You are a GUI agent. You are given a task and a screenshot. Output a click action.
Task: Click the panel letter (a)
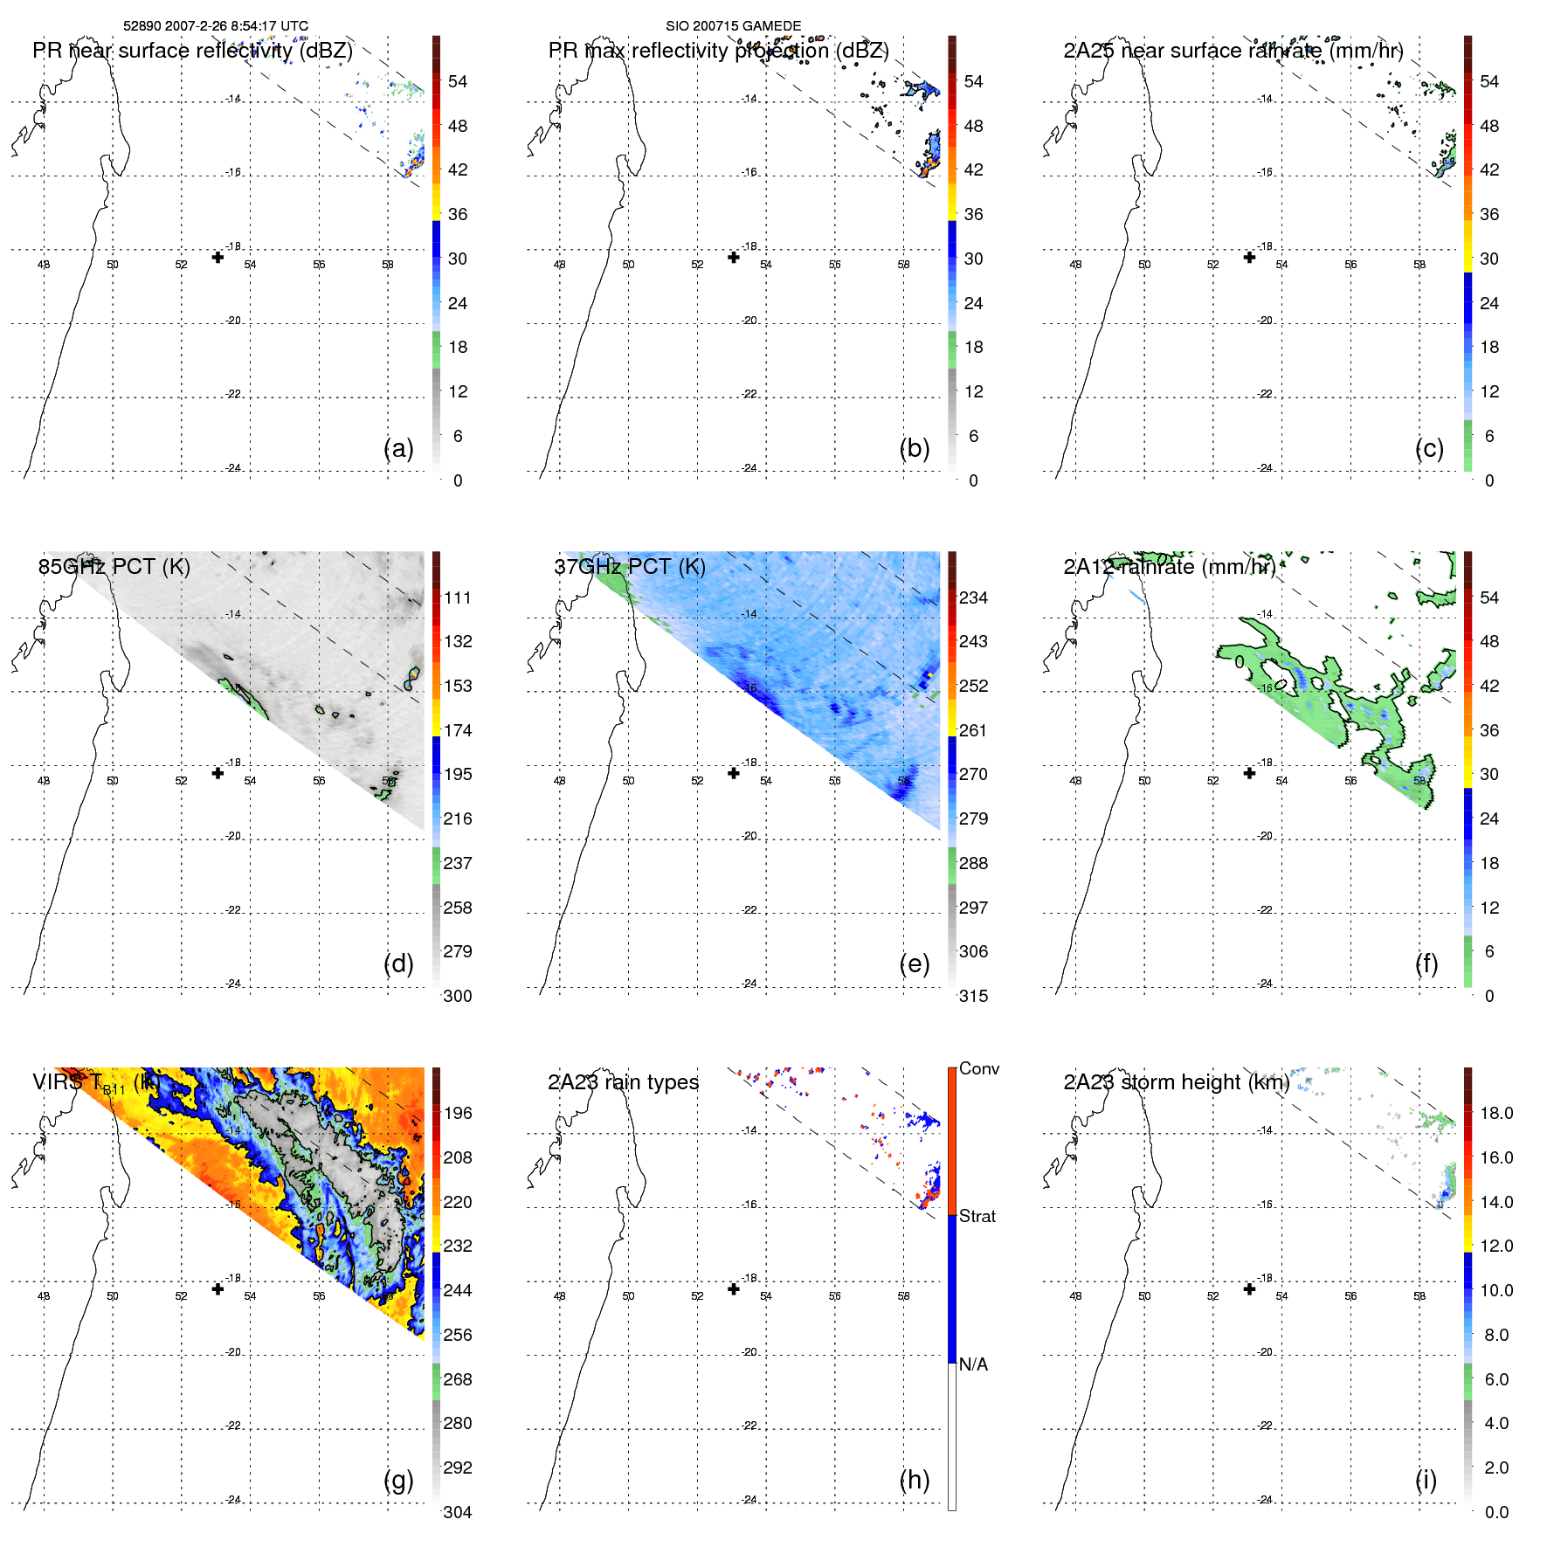coord(398,449)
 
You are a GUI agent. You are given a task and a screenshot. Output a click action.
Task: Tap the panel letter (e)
coord(914,964)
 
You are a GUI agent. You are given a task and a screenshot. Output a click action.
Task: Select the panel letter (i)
coord(1426,1480)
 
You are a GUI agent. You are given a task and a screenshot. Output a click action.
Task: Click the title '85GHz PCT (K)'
coord(114,567)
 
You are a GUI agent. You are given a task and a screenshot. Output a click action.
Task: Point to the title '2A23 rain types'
coord(623,1082)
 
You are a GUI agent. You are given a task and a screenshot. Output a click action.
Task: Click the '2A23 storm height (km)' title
coord(1176,1082)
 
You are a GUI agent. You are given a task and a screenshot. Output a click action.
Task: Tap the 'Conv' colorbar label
coord(979,1068)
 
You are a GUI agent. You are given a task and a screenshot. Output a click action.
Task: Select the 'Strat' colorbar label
coord(977,1216)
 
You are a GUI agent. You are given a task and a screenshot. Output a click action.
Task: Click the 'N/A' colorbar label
coord(973,1364)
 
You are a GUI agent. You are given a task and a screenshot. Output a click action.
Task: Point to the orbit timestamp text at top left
coord(216,26)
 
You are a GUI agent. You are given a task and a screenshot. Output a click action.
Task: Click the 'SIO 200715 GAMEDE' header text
coord(733,26)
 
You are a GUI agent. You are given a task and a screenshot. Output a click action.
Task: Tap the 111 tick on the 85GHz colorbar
coord(458,597)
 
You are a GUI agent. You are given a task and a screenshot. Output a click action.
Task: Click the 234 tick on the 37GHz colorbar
coord(973,597)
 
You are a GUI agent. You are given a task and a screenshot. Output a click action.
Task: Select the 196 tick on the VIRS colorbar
coord(458,1113)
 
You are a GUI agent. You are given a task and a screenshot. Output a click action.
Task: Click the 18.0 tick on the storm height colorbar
coord(1495,1113)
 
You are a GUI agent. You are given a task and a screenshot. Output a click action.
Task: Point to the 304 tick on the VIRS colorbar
coord(458,1512)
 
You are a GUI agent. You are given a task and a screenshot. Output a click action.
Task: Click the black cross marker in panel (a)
coord(218,257)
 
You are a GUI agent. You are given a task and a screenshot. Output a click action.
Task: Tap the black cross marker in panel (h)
coord(734,1288)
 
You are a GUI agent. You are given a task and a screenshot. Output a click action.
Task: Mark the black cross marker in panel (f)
coord(1249,773)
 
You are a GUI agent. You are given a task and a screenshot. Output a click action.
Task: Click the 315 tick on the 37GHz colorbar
coord(973,996)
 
